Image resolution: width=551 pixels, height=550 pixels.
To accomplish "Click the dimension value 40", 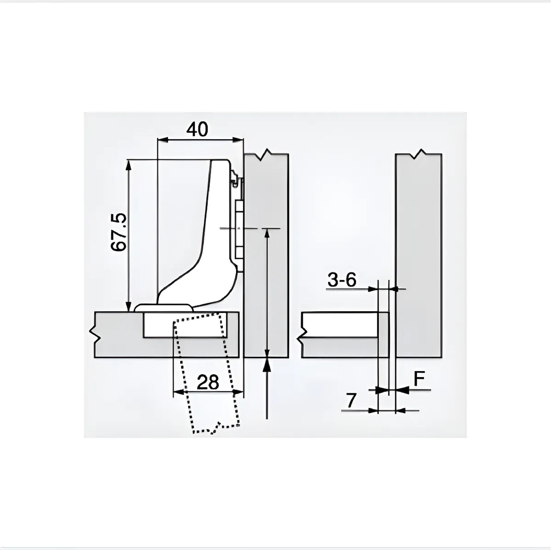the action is click(197, 129).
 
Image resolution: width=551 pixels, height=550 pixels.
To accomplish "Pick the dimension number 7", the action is click(352, 400).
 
